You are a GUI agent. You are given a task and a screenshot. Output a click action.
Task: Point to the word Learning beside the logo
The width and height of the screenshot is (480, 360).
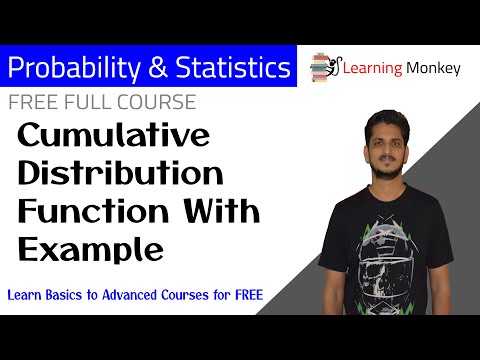click(373, 68)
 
